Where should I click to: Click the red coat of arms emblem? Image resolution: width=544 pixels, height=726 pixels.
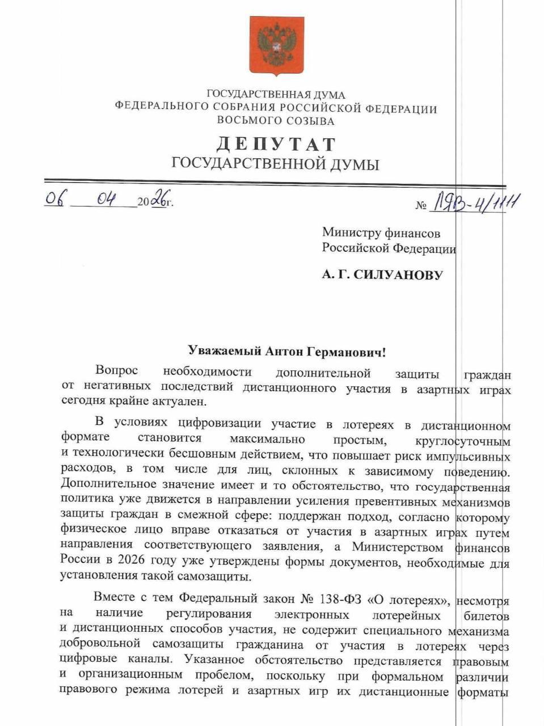pyautogui.click(x=277, y=45)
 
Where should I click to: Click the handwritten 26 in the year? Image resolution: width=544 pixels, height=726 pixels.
pyautogui.click(x=160, y=200)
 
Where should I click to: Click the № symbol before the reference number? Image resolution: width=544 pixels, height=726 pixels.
pyautogui.click(x=420, y=205)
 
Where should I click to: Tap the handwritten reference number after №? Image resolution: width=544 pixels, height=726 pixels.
pyautogui.click(x=475, y=202)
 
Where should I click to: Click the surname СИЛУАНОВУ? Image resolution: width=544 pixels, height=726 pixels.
pyautogui.click(x=398, y=275)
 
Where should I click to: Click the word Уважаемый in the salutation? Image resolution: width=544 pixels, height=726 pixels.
pyautogui.click(x=224, y=352)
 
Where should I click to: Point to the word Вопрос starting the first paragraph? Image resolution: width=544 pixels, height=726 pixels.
pyautogui.click(x=117, y=371)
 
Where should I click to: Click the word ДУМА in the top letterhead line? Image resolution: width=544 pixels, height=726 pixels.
pyautogui.click(x=329, y=95)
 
